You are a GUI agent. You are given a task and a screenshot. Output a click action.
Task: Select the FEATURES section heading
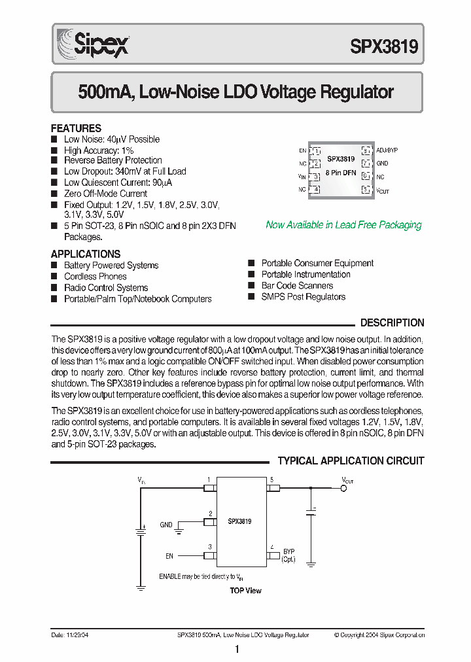click(x=76, y=128)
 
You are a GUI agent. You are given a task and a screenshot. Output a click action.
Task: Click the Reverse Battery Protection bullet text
click(x=113, y=160)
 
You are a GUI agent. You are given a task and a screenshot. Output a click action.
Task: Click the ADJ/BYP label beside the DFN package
click(x=387, y=150)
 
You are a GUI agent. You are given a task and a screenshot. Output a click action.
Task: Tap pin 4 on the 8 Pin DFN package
click(x=316, y=190)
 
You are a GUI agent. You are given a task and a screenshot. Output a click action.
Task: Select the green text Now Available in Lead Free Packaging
click(x=343, y=225)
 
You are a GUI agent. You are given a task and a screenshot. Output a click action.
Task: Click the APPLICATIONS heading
click(x=85, y=254)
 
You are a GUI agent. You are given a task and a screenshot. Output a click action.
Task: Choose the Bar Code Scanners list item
click(x=297, y=286)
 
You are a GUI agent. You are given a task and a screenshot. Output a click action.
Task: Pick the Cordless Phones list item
click(x=95, y=277)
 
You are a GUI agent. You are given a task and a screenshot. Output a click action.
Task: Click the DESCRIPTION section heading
click(x=392, y=322)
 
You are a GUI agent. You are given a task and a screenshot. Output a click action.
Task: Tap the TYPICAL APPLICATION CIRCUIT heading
click(x=351, y=461)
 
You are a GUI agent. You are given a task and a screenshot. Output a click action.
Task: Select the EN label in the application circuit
click(x=169, y=556)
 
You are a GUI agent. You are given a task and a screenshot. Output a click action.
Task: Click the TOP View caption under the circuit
click(x=245, y=591)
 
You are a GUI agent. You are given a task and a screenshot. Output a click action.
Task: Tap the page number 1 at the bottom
click(x=236, y=650)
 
